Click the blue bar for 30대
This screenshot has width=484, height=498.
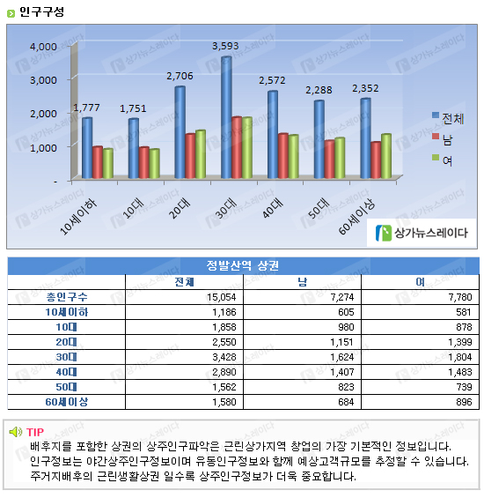coord(226,117)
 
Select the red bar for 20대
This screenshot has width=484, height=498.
coord(190,156)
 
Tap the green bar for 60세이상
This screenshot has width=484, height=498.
coord(386,156)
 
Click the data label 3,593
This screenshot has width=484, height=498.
coord(225,46)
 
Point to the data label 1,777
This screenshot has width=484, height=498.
coord(86,108)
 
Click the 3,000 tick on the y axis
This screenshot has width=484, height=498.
coord(43,80)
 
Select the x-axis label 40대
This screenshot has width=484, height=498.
coord(273,208)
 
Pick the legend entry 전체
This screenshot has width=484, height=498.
coord(448,118)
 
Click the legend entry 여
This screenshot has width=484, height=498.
coord(442,160)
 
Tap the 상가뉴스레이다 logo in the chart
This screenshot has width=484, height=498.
coord(422,233)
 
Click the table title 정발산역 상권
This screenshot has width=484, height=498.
coord(243,265)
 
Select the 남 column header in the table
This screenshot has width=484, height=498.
coord(302,282)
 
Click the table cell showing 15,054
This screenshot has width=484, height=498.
coord(222,297)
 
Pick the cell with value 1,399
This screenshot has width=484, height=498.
coord(460,342)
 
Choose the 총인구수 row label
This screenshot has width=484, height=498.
coord(67,297)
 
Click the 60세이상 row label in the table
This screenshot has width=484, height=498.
coord(67,402)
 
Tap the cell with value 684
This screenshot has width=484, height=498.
coord(346,402)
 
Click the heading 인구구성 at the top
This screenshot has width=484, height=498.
coord(41,11)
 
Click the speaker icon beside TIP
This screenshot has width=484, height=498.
coord(16,432)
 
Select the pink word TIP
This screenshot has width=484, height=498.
coord(35,432)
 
